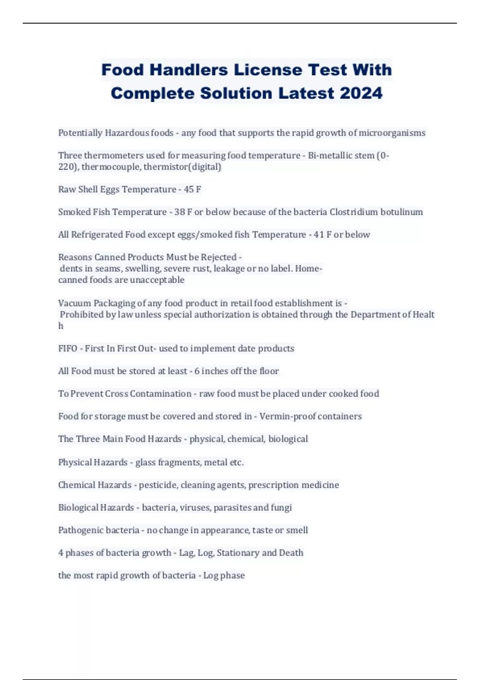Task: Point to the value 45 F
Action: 192,189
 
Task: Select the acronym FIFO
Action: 68,348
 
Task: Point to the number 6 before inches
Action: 197,371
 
